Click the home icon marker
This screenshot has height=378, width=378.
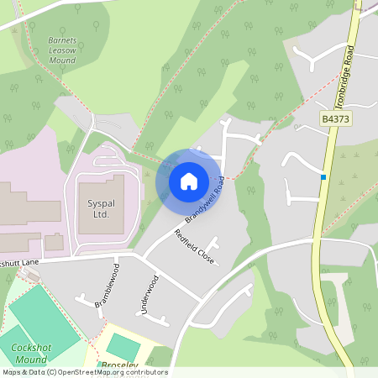tap(189, 181)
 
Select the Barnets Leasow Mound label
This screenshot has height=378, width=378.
tap(60, 50)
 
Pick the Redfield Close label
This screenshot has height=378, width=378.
tap(195, 247)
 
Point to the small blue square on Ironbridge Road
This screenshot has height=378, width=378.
tap(323, 176)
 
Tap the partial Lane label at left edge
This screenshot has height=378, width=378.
tap(18, 262)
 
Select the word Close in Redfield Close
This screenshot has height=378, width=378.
tap(205, 255)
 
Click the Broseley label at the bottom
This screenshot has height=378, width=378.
tap(118, 366)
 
